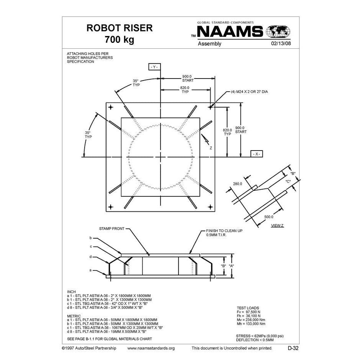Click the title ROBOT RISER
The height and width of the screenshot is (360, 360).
pos(119,28)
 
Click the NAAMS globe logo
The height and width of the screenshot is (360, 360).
pos(278,31)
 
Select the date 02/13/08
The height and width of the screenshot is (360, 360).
pos(281,44)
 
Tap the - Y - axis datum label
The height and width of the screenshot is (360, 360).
pos(154,67)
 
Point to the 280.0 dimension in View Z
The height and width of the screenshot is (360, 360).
pos(238,184)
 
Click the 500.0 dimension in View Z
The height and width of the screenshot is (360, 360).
pos(268,217)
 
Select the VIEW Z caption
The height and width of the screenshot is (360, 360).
pos(277,225)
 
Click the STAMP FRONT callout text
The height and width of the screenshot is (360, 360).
pos(112,229)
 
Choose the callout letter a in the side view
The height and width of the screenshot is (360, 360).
pos(91,270)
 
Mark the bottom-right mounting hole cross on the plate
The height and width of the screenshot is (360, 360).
pos(210,207)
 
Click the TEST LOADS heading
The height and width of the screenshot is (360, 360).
pos(247,308)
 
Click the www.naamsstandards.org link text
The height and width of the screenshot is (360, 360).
pos(151,348)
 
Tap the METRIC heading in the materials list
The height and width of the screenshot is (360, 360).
pos(74,316)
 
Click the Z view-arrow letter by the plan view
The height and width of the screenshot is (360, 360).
pos(211,148)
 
